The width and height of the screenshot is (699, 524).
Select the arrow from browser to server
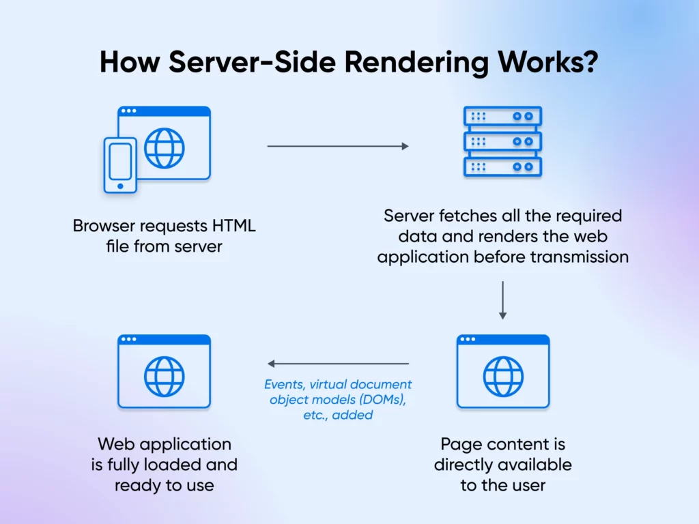(338, 146)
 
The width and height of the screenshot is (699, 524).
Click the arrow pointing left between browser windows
(338, 364)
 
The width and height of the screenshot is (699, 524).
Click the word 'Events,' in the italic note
(286, 384)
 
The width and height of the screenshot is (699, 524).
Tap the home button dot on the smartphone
(120, 186)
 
